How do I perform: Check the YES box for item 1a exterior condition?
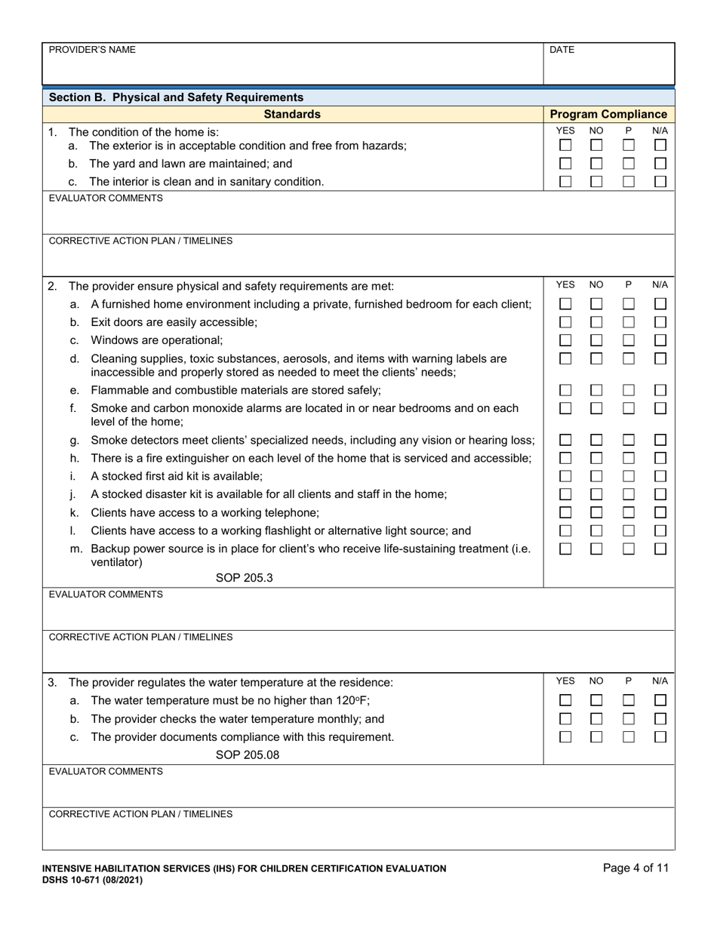click(565, 145)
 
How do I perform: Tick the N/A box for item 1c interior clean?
click(660, 181)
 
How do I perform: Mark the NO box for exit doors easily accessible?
click(596, 322)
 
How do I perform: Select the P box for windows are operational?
click(629, 340)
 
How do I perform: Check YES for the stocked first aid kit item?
click(565, 476)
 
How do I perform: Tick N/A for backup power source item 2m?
click(660, 549)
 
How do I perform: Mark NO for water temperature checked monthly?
click(596, 718)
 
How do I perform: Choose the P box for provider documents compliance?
click(629, 736)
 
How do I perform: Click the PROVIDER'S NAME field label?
click(92, 50)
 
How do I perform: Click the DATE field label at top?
click(562, 50)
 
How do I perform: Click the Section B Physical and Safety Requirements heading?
click(176, 97)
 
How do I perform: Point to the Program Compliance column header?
click(608, 114)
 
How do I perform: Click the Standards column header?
click(292, 114)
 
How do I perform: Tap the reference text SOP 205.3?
click(244, 578)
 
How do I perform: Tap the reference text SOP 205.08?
click(247, 754)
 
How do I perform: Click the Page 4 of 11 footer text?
click(635, 868)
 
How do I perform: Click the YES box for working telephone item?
click(565, 512)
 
